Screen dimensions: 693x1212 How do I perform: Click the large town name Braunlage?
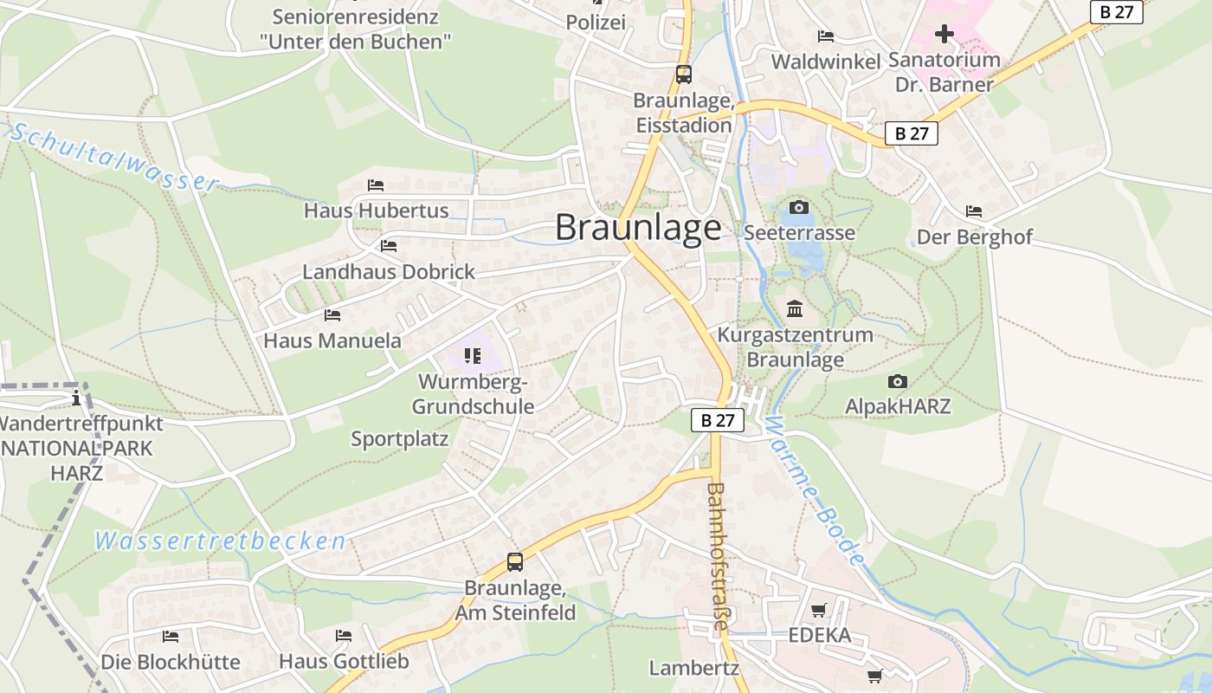pyautogui.click(x=638, y=227)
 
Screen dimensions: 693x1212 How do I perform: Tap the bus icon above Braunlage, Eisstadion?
pyautogui.click(x=684, y=74)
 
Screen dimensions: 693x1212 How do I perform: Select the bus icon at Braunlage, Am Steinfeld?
pyautogui.click(x=515, y=562)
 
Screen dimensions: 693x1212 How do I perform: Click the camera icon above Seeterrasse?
pyautogui.click(x=799, y=207)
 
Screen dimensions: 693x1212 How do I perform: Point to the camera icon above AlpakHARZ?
pyautogui.click(x=898, y=381)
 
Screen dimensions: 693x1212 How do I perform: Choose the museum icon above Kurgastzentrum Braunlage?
pyautogui.click(x=795, y=308)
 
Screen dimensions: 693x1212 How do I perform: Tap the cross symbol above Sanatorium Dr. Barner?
pyautogui.click(x=944, y=34)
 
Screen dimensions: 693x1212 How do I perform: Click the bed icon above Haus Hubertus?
pyautogui.click(x=376, y=185)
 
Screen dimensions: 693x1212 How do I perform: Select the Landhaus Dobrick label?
pyautogui.click(x=389, y=272)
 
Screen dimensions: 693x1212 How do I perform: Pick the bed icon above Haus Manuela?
pyautogui.click(x=332, y=314)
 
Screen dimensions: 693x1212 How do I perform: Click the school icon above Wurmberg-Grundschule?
pyautogui.click(x=472, y=355)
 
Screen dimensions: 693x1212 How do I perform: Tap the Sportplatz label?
pyautogui.click(x=400, y=439)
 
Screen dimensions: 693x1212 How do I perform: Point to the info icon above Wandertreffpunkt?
pyautogui.click(x=76, y=398)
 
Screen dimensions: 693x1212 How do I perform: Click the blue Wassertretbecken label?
pyautogui.click(x=221, y=542)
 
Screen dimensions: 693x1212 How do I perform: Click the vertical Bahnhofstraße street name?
pyautogui.click(x=716, y=562)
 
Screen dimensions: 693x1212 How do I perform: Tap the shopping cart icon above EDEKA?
pyautogui.click(x=818, y=610)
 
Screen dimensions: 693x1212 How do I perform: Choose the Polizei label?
pyautogui.click(x=596, y=23)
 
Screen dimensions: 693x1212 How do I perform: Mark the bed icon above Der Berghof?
pyautogui.click(x=974, y=211)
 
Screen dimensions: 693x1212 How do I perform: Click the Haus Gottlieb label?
pyautogui.click(x=343, y=662)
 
